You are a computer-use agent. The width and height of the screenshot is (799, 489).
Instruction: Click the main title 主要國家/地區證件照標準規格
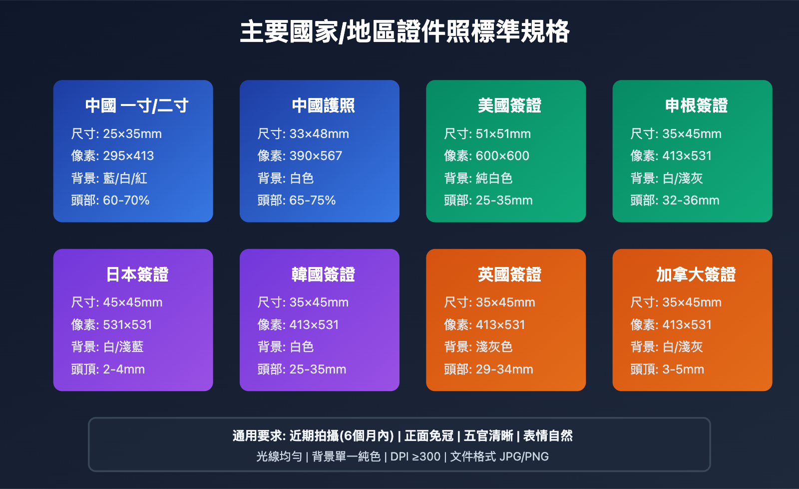tap(404, 32)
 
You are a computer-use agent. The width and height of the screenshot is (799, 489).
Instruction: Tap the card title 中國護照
tap(323, 105)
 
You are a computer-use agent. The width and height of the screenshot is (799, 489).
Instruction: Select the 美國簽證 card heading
tap(509, 105)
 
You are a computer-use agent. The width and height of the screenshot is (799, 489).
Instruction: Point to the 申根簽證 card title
tap(696, 105)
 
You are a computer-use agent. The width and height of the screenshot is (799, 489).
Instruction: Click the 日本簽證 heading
tap(137, 274)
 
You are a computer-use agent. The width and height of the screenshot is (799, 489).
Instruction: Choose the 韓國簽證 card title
tap(323, 274)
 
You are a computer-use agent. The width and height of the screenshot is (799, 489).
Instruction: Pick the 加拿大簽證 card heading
tap(696, 274)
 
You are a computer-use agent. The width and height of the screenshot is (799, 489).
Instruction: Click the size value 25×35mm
tap(132, 134)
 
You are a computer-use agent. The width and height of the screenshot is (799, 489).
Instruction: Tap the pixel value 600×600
tap(502, 156)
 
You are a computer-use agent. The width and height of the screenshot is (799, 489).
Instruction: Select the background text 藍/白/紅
tap(125, 178)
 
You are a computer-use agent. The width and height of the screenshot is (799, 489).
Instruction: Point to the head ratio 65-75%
tap(312, 200)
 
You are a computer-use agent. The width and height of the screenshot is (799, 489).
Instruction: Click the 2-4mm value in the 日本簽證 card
tap(124, 369)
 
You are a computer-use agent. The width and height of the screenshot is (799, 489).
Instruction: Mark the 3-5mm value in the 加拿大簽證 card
tap(683, 369)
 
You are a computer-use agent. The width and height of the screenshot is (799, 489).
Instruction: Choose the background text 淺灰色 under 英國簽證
tap(494, 347)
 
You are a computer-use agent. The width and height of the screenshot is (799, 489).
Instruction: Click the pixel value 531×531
tap(127, 325)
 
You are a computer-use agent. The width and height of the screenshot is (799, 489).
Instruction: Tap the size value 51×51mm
tap(503, 134)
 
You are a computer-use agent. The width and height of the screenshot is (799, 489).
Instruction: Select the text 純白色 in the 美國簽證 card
tap(494, 178)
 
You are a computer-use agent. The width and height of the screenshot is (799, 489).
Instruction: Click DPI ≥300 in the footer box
tap(415, 456)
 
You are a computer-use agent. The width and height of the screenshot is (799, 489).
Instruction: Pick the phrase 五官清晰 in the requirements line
tap(488, 436)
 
